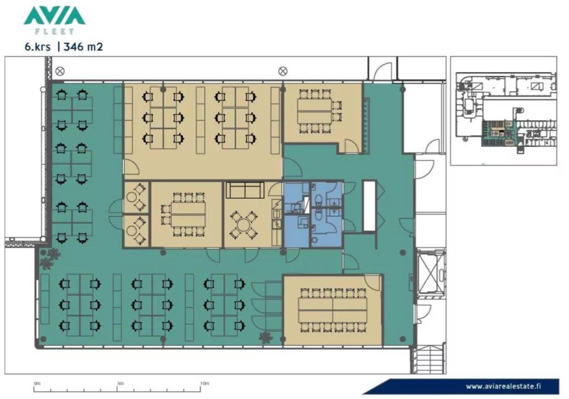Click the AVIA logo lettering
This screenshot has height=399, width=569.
(54, 16)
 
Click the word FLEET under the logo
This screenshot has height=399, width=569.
(54, 32)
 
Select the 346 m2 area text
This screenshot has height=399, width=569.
(83, 47)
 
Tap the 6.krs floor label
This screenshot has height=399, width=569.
(38, 47)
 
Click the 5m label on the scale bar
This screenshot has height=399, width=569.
(120, 383)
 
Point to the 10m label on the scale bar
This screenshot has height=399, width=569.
(204, 383)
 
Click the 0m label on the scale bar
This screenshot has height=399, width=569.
(37, 383)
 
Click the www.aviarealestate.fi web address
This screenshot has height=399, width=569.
(503, 386)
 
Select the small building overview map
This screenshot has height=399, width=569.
(504, 111)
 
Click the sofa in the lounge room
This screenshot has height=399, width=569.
(245, 190)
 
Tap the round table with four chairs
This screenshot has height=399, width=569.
(243, 225)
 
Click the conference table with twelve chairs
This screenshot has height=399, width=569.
(333, 310)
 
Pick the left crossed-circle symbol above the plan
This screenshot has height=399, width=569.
(60, 71)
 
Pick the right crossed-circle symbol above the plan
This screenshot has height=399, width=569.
(283, 71)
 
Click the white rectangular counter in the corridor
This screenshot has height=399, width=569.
(370, 205)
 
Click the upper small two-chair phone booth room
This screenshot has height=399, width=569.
(136, 197)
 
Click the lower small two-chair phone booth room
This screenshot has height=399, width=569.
(136, 230)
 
